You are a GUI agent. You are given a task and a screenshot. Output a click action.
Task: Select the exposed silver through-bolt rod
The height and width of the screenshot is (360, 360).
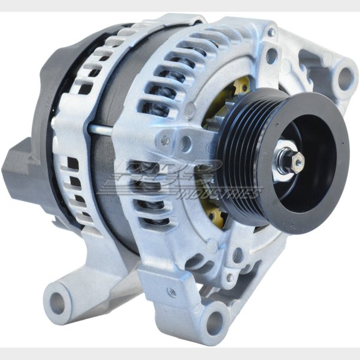click(x=103, y=129)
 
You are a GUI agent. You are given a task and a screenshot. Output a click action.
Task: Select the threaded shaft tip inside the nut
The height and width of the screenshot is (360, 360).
click(x=298, y=159)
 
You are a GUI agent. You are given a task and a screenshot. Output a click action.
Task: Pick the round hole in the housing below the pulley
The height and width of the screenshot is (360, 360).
click(x=237, y=256)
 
